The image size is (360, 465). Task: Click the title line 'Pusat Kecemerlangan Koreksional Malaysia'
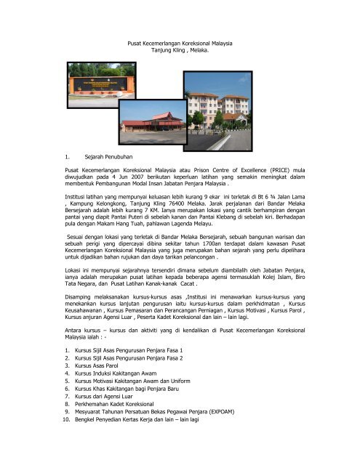coord(180,44)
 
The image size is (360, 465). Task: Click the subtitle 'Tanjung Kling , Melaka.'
coord(180,52)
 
